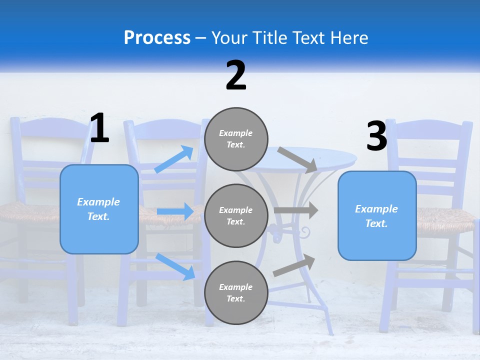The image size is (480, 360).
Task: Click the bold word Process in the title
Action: [157, 38]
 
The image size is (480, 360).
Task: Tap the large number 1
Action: [99, 128]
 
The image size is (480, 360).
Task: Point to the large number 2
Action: [236, 75]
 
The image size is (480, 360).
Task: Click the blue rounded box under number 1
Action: [99, 209]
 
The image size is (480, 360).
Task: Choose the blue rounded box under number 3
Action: [377, 215]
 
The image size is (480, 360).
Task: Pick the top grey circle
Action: [236, 139]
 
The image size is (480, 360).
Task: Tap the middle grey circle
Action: [236, 215]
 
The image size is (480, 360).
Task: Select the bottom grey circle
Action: [236, 292]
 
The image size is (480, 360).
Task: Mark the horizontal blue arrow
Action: [175, 212]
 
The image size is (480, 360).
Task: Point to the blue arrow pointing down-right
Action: [175, 266]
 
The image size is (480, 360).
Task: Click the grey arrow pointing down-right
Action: [297, 159]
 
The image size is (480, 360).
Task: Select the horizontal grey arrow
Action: [296, 210]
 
